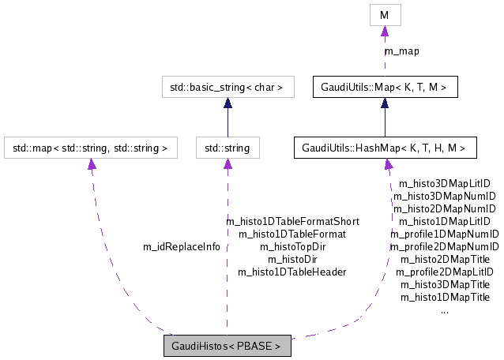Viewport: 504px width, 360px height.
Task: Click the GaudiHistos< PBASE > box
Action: coord(227,346)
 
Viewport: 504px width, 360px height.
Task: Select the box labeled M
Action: coord(385,14)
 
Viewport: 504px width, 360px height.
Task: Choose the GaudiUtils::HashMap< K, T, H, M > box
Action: coord(385,147)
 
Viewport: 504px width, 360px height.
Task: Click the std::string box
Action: coord(228,147)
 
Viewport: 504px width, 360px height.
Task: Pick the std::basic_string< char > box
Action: coord(228,86)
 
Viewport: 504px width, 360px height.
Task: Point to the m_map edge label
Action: coord(401,51)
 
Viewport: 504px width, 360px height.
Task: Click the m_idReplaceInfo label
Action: coord(181,246)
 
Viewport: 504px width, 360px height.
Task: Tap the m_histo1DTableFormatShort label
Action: coord(292,221)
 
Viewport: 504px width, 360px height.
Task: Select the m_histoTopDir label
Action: coord(292,246)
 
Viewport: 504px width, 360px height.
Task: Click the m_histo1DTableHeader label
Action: coord(292,272)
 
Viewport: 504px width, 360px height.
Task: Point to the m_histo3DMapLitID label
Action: coord(445,183)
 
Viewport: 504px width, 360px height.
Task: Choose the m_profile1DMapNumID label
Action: coord(445,234)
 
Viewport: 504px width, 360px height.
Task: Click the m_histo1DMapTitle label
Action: coord(445,297)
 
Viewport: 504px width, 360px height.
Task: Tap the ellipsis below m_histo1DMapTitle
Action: coord(445,309)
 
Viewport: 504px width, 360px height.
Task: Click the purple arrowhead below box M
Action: coord(385,32)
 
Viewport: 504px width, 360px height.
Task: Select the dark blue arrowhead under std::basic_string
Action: coord(228,103)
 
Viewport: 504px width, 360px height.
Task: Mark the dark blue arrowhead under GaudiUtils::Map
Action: coord(385,103)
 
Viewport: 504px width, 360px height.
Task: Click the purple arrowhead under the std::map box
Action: coord(92,164)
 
